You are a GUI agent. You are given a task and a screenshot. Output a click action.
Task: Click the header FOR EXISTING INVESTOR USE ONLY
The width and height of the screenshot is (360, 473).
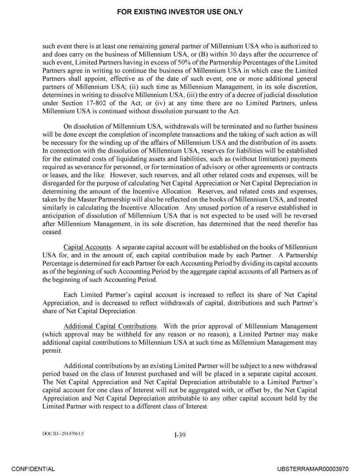click(x=180, y=12)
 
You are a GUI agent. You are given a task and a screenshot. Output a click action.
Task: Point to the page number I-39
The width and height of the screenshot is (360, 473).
click(x=180, y=435)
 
